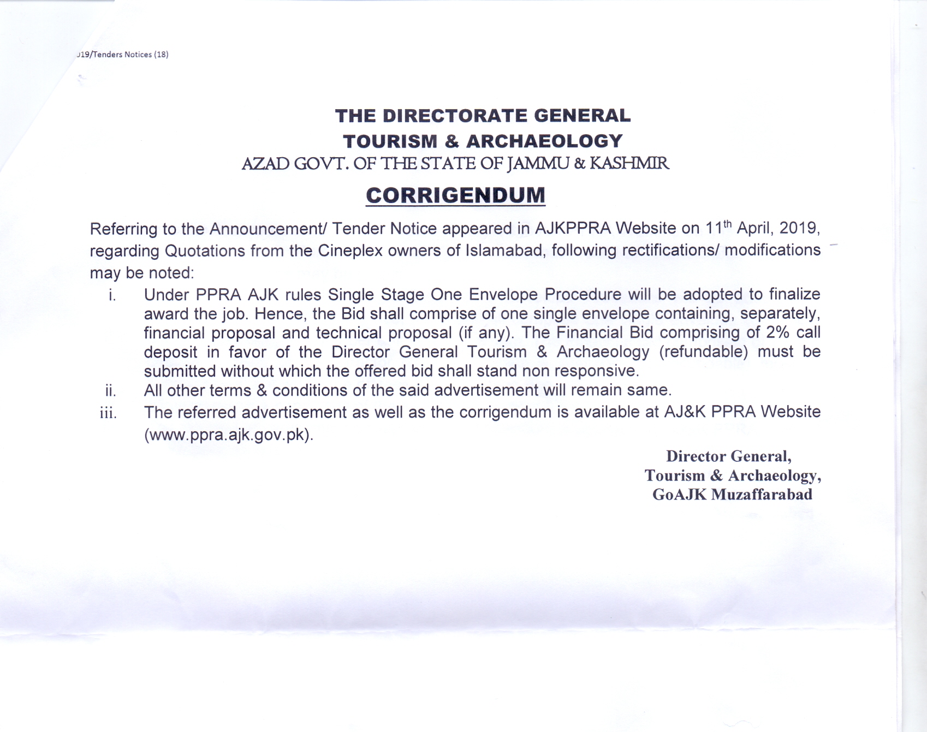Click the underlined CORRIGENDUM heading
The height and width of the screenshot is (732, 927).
point(455,195)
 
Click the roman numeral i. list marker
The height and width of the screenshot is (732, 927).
point(112,295)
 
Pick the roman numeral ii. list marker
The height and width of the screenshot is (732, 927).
point(110,391)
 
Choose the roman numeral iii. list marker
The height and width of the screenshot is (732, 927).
point(108,413)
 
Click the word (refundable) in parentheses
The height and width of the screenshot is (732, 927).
point(703,352)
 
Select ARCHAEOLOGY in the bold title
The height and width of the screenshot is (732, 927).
point(544,141)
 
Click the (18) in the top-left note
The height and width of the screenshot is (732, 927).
point(161,55)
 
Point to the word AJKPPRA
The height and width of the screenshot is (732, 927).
point(573,228)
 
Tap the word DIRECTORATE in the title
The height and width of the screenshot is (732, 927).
point(455,116)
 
